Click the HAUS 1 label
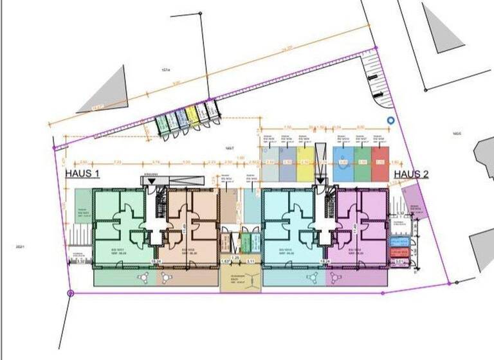coord(82,174)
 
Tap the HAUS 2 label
coord(411,174)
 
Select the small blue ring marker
coord(390,120)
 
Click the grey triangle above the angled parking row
coord(103,91)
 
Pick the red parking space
coord(380,163)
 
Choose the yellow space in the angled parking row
coord(191,116)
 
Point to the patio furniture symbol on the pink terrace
coord(335,277)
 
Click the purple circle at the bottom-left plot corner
coord(70,293)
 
